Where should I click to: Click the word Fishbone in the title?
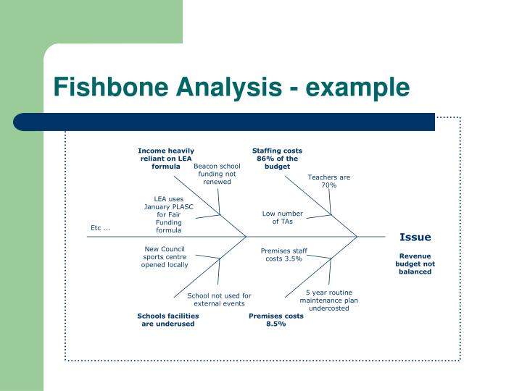tap(111, 86)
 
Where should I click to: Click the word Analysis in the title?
tap(229, 87)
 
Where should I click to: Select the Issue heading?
tap(415, 237)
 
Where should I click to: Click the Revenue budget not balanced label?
tap(415, 264)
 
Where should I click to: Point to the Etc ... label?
tap(100, 228)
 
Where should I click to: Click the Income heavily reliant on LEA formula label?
tap(166, 159)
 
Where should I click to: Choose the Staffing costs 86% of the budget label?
tap(277, 159)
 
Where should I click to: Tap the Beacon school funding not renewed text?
tap(217, 174)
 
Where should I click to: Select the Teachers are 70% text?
tap(329, 181)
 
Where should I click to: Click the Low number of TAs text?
tap(283, 217)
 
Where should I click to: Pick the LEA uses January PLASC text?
tap(168, 203)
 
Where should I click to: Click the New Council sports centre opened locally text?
tap(165, 257)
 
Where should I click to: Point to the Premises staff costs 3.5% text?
tap(284, 255)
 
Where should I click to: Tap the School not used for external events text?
tap(219, 300)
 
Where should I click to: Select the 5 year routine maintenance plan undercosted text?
tap(329, 300)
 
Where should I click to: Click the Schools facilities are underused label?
tap(168, 320)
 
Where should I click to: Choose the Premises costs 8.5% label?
tap(276, 320)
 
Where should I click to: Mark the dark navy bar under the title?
tap(224, 122)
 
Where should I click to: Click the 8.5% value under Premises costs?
tap(276, 324)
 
